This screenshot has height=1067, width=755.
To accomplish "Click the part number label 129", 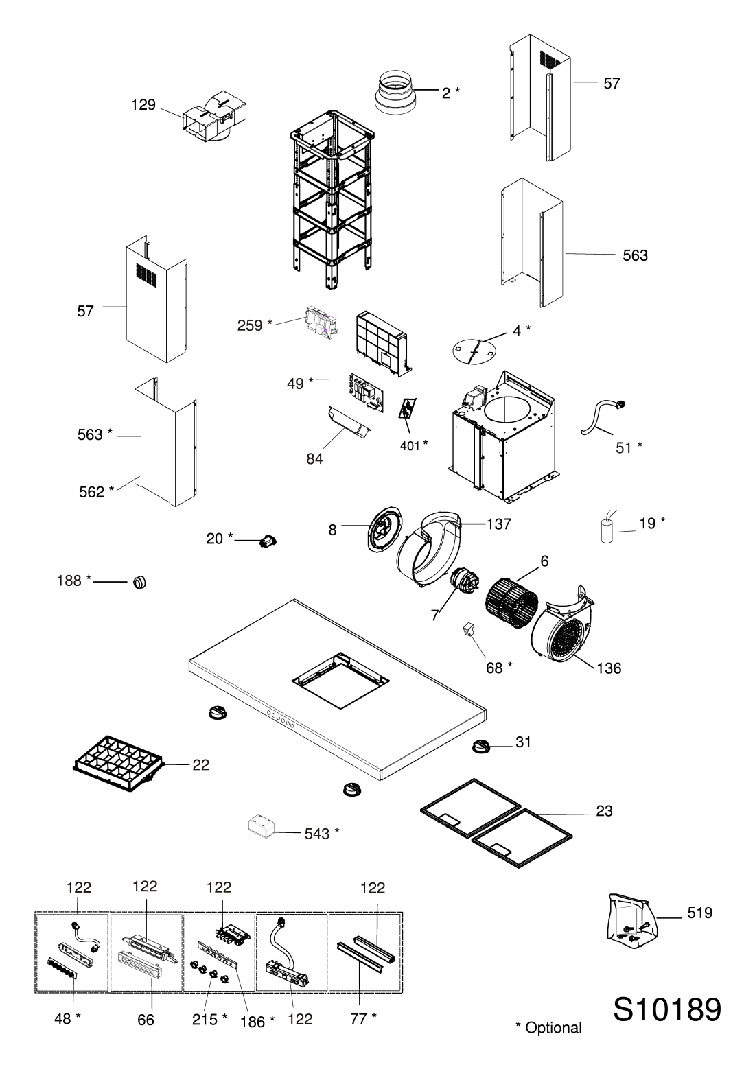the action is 143,105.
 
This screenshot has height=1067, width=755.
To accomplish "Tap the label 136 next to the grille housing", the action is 609,668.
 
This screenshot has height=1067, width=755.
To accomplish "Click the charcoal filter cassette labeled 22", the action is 118,764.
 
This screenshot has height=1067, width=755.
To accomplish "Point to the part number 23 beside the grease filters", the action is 604,811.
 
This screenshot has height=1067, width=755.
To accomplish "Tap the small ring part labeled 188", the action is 139,582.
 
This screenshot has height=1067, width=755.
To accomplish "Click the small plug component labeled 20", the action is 268,541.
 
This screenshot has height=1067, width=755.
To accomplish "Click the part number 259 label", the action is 250,326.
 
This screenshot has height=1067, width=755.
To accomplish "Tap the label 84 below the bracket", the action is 314,459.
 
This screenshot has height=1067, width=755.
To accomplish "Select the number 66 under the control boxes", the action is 146,1020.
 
